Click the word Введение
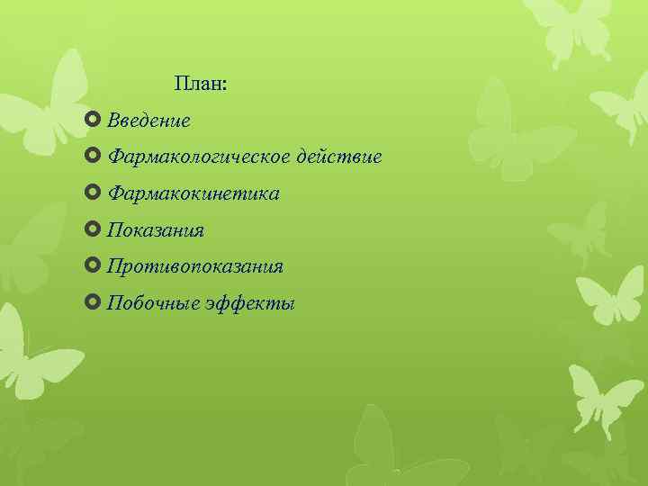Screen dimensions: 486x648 click(148, 121)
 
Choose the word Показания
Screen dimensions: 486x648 click(156, 231)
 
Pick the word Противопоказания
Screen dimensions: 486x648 click(195, 267)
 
